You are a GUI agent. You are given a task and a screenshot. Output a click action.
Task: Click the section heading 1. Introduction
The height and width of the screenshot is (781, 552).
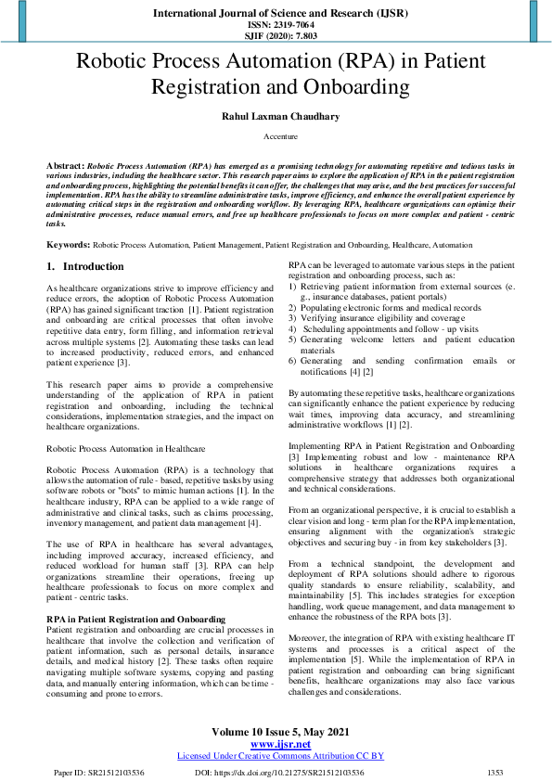click(x=85, y=266)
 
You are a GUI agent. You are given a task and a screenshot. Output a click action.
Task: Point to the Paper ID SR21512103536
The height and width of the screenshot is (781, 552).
click(x=98, y=771)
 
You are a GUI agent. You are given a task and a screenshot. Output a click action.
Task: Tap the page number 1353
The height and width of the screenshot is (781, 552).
click(x=494, y=771)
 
